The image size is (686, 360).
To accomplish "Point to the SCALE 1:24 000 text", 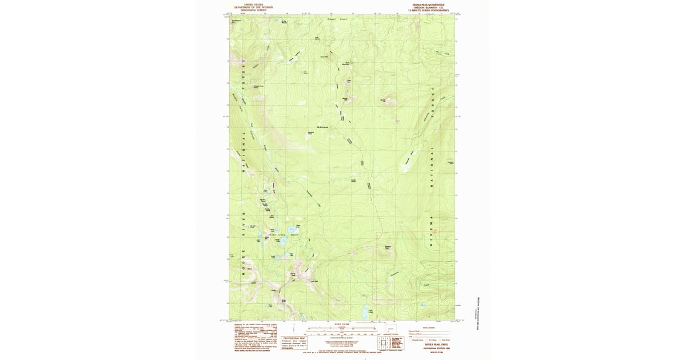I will (x=341, y=325).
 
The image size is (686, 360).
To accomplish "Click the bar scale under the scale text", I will (x=341, y=330).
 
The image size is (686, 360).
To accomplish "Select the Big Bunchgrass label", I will (x=322, y=127).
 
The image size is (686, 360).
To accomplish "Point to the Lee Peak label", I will (x=313, y=281).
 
